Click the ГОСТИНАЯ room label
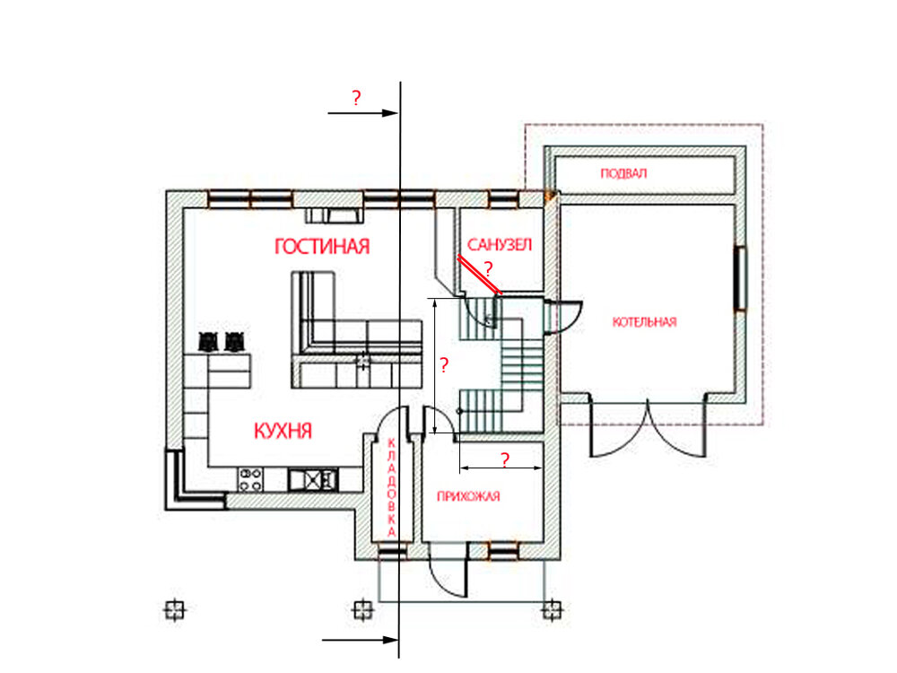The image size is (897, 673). (322, 246)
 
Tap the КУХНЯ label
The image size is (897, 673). (283, 431)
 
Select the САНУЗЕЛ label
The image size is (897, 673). (500, 245)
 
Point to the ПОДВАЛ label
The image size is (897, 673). (623, 173)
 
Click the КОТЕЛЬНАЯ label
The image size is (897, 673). (644, 322)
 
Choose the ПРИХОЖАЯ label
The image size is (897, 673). (468, 496)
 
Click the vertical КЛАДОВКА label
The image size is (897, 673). (391, 487)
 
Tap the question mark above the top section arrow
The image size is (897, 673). (356, 98)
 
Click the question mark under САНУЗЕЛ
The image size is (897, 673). (488, 267)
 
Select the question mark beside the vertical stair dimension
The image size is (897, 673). (444, 364)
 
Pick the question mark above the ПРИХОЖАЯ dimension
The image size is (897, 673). (504, 459)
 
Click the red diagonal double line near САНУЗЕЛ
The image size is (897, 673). (479, 275)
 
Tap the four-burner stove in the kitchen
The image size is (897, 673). (250, 479)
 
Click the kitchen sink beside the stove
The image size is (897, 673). (312, 479)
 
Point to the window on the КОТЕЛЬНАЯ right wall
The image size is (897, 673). (740, 278)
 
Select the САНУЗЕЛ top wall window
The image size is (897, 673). (503, 199)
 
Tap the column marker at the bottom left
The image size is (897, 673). (175, 609)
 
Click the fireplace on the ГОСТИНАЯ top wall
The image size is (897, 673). (334, 215)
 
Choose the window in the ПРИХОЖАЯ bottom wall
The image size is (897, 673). (503, 552)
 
